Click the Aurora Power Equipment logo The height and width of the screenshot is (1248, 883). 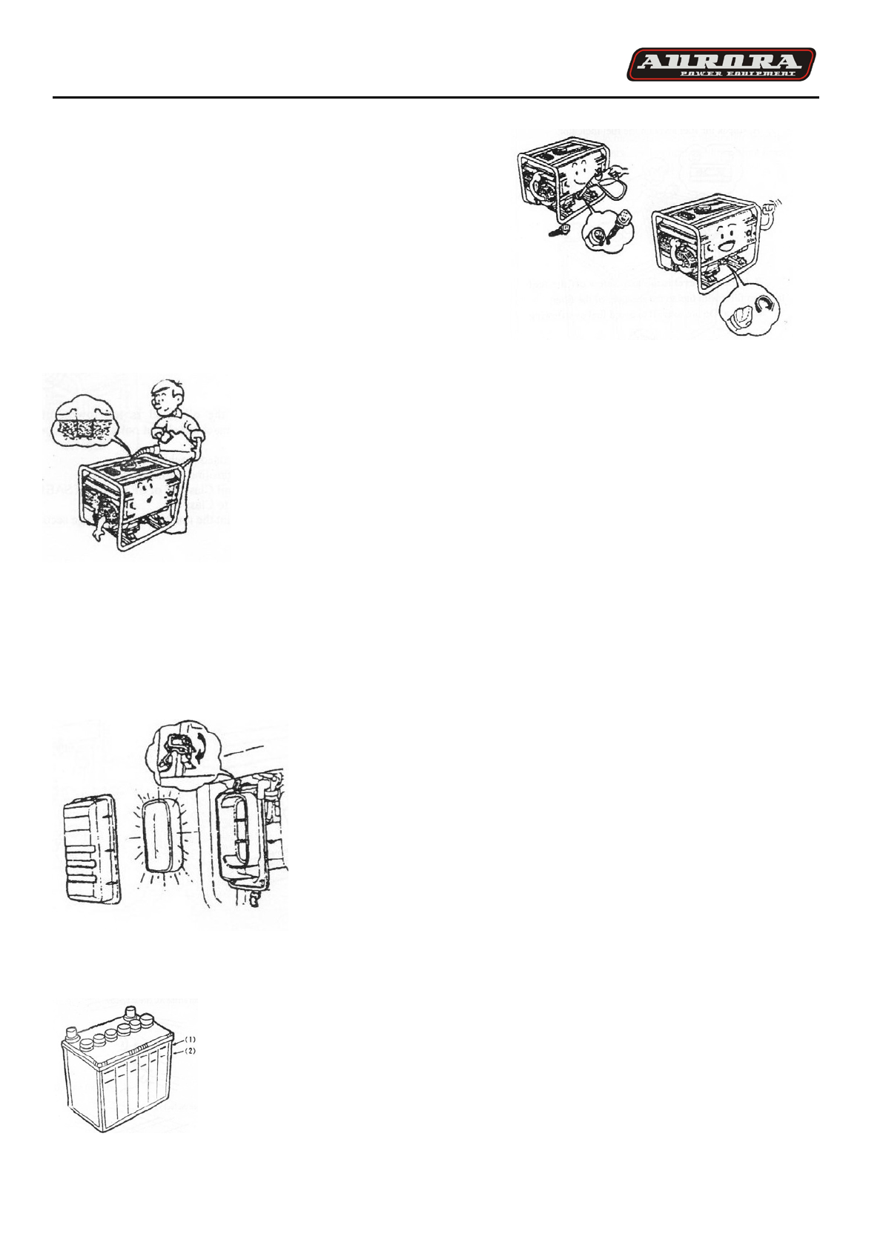pyautogui.click(x=721, y=64)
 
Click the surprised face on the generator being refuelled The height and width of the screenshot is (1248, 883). pyautogui.click(x=146, y=494)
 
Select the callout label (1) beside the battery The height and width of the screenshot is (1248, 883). pyautogui.click(x=191, y=1039)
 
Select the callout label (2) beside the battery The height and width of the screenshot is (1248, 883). pyautogui.click(x=191, y=1051)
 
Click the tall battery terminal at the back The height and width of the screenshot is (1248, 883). pyautogui.click(x=132, y=1012)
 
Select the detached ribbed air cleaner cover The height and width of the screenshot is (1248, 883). pyautogui.click(x=90, y=849)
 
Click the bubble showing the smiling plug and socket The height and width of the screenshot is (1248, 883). pyautogui.click(x=609, y=230)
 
